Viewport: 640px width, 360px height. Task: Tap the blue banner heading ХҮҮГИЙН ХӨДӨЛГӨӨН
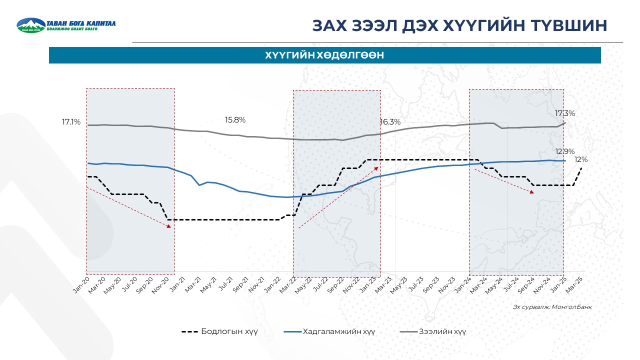(324, 55)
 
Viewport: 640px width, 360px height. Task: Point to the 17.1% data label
(71, 122)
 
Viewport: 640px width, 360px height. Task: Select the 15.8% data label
(235, 120)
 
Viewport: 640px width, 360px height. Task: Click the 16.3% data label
(390, 122)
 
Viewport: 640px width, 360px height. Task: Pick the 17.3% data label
(564, 113)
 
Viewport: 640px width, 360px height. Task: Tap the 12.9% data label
(564, 151)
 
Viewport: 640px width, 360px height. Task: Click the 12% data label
(580, 159)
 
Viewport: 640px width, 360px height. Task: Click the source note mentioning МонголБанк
(552, 307)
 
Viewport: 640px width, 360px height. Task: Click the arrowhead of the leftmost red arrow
(169, 226)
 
